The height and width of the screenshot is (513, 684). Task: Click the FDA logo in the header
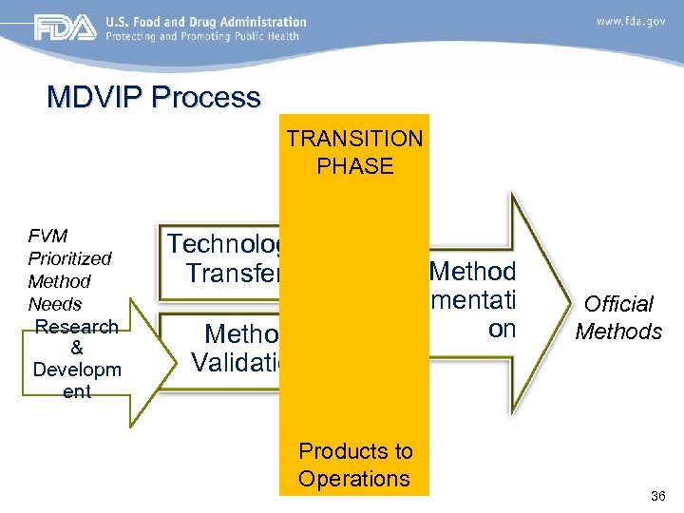point(66,28)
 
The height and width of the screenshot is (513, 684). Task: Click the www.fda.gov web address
point(630,20)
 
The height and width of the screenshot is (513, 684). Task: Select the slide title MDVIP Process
point(154,97)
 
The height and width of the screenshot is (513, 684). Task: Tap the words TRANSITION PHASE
point(354,152)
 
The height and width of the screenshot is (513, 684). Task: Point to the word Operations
point(353,478)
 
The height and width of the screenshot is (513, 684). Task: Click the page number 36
point(657,496)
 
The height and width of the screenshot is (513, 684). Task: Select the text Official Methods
point(618,317)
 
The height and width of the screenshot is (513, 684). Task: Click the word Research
point(77,327)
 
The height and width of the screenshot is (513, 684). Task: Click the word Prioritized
point(69,258)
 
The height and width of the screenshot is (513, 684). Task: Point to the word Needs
point(55,304)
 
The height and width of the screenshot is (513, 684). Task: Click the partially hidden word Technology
point(224,244)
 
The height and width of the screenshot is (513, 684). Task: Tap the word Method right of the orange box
point(472,272)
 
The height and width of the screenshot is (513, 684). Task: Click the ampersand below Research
point(77,348)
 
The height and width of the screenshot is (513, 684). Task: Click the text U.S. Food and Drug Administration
point(205,22)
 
